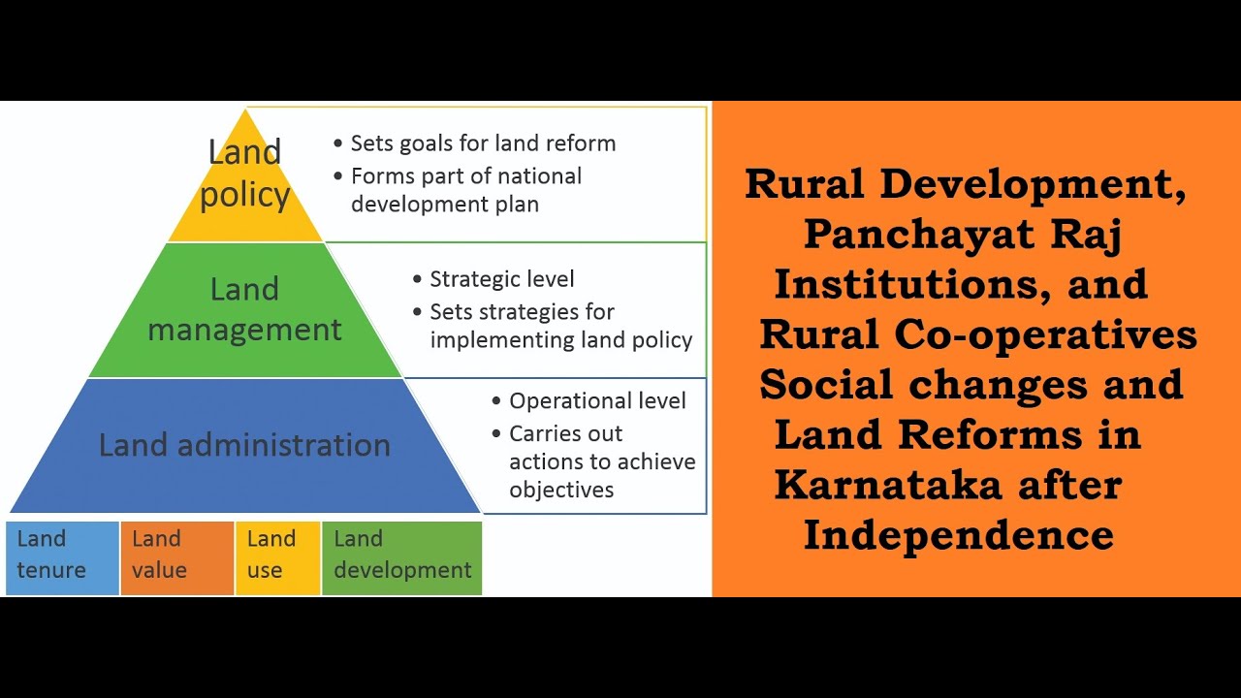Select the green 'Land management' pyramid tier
pyautogui.click(x=244, y=310)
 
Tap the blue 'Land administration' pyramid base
pyautogui.click(x=244, y=445)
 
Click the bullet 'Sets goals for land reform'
pyautogui.click(x=483, y=143)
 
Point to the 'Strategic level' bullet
pyautogui.click(x=502, y=279)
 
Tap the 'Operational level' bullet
pyautogui.click(x=597, y=401)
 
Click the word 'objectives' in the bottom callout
pyautogui.click(x=561, y=490)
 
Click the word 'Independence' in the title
pyautogui.click(x=958, y=534)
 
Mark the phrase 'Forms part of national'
pyautogui.click(x=465, y=176)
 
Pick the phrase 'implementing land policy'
pyautogui.click(x=560, y=340)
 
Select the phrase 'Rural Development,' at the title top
pyautogui.click(x=965, y=184)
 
